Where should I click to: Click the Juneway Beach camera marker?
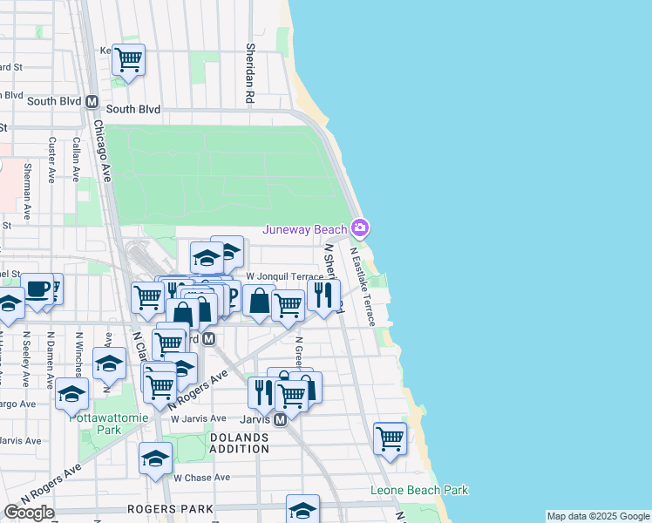pyautogui.click(x=361, y=229)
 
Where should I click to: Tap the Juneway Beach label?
pyautogui.click(x=306, y=230)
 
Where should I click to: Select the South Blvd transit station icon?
pyautogui.click(x=92, y=101)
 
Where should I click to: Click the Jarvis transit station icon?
pyautogui.click(x=281, y=420)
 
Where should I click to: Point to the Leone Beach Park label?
pyautogui.click(x=419, y=491)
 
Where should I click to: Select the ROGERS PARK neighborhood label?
pyautogui.click(x=170, y=508)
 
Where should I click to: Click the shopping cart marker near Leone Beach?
pyautogui.click(x=390, y=438)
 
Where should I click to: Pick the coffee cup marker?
pyautogui.click(x=37, y=290)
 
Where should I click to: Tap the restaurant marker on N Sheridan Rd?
pyautogui.click(x=323, y=295)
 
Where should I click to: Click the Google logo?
pyautogui.click(x=29, y=513)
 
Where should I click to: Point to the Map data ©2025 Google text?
pyautogui.click(x=597, y=516)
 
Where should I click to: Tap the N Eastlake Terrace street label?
pyautogui.click(x=363, y=287)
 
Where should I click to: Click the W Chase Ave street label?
pyautogui.click(x=201, y=478)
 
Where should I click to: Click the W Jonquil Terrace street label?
pyautogui.click(x=284, y=276)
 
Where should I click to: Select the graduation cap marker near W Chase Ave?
pyautogui.click(x=155, y=458)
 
